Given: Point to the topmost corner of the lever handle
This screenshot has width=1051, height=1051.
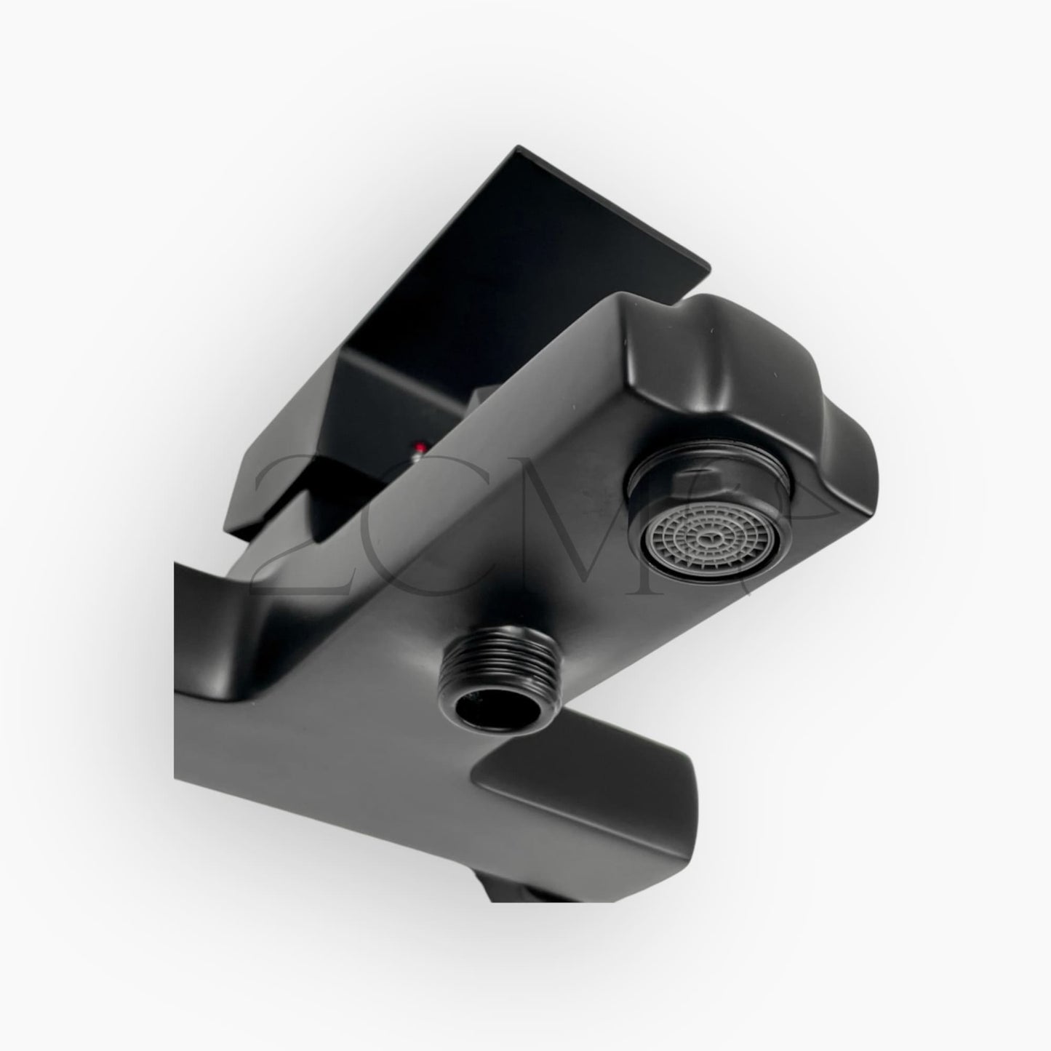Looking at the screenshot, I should (x=518, y=148).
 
